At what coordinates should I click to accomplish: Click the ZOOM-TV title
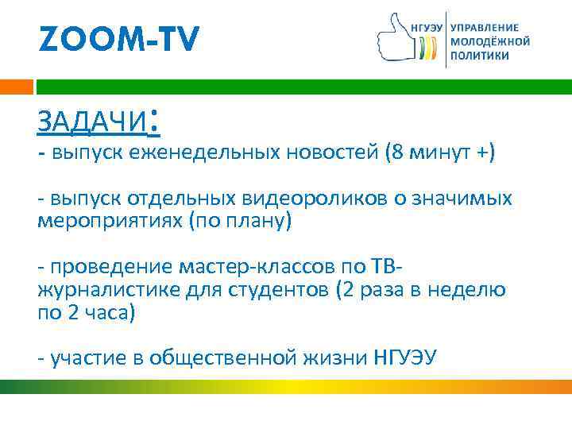[119, 37]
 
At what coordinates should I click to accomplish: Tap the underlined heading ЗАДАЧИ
[93, 123]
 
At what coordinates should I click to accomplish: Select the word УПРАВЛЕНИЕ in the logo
[484, 27]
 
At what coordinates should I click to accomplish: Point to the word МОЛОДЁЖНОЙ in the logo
[489, 41]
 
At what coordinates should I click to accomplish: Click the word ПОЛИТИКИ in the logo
[480, 56]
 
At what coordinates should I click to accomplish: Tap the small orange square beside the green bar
[16, 87]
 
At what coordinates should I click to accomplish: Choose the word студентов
[270, 289]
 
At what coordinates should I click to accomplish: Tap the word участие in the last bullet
[84, 358]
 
